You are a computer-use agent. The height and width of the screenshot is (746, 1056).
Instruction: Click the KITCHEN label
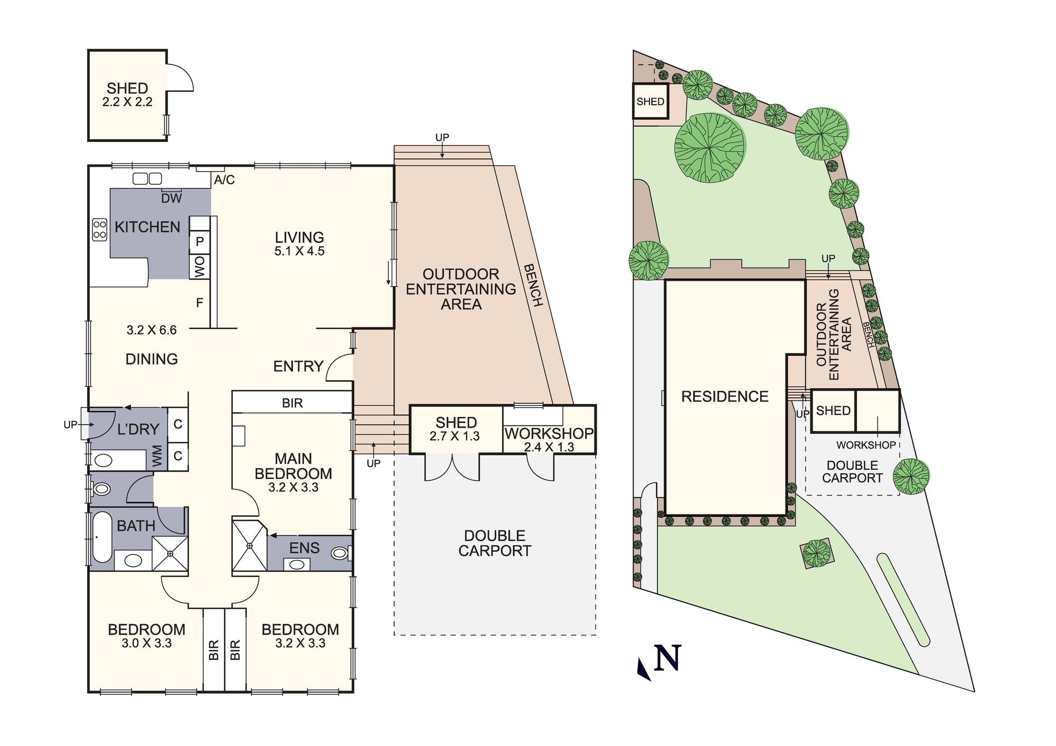pos(147,227)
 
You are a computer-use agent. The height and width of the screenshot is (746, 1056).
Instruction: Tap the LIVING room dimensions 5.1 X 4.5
pos(299,251)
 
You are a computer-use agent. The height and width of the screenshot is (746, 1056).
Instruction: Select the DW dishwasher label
pos(172,199)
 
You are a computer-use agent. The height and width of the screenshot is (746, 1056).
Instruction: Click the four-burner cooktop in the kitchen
pos(100,230)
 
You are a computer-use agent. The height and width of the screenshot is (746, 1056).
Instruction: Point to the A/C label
pos(224,180)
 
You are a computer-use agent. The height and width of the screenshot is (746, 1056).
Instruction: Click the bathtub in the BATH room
pos(102,537)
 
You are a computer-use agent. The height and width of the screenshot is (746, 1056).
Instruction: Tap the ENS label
pos(305,548)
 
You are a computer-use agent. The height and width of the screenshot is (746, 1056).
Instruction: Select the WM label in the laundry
pos(157,456)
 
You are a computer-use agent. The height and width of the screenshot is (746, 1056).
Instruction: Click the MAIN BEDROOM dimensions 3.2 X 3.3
pos(293,487)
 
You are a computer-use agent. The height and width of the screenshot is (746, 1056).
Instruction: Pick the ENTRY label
pos(298,366)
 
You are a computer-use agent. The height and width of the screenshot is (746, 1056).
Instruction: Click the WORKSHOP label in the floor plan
pos(549,434)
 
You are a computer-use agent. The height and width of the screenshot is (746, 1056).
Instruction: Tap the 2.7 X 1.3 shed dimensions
pos(455,436)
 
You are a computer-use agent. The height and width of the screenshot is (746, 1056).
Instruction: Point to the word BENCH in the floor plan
pos(533,285)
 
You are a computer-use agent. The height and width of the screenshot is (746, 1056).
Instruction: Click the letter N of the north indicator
pos(668,658)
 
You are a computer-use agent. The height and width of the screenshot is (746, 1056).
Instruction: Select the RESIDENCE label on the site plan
pos(725,397)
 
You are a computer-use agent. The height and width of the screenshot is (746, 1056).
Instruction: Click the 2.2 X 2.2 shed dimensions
pos(127,102)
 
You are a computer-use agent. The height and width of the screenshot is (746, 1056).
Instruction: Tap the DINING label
pos(152,360)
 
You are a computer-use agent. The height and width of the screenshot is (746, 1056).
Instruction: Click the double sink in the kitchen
pos(147,178)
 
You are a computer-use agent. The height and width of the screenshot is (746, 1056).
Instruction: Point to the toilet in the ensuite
pos(341,553)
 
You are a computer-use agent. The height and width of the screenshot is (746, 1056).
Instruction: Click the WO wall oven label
pos(200,267)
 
